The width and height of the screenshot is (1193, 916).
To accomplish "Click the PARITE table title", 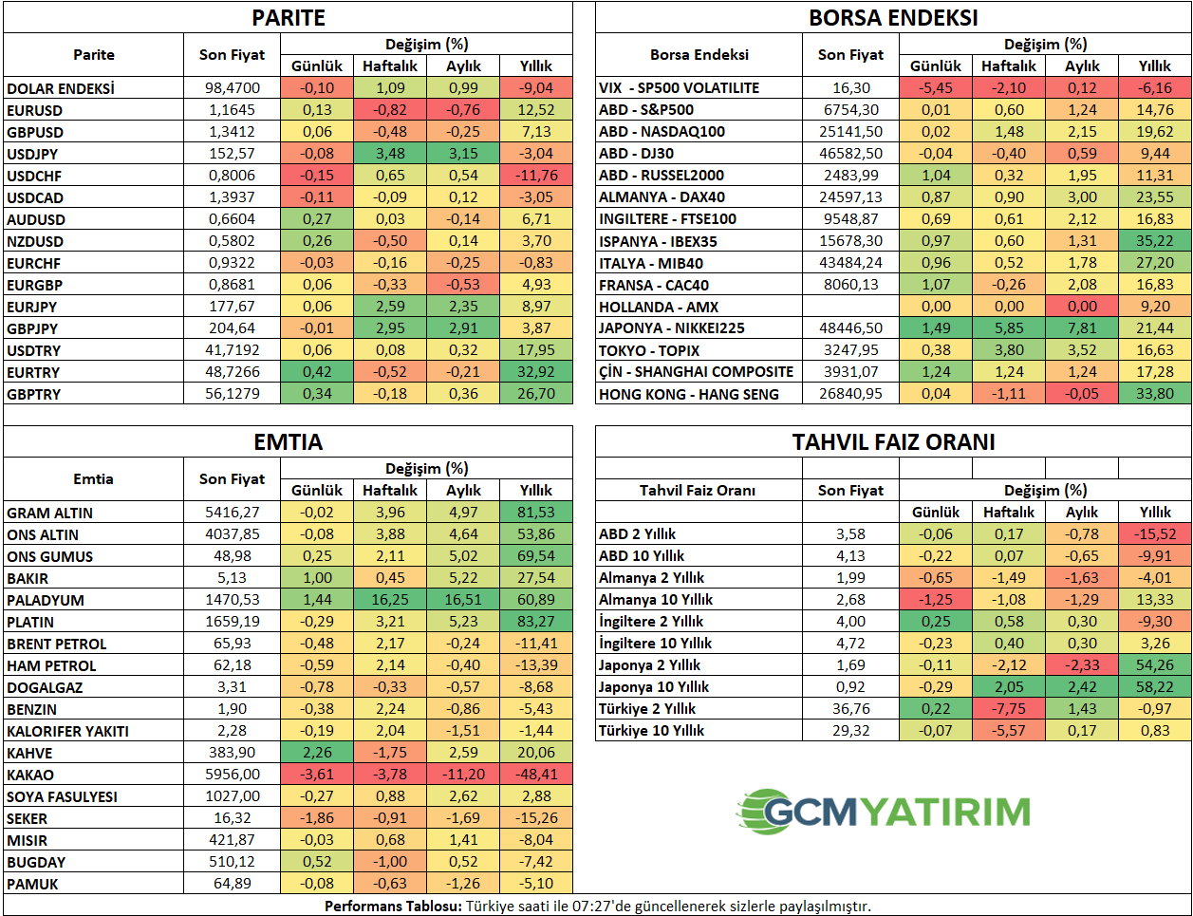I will tap(289, 17).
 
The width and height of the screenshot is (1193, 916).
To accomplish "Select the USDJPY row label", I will tap(32, 154).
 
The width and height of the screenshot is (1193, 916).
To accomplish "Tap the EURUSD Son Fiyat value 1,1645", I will tap(232, 110).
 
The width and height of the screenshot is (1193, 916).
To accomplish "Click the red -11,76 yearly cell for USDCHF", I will tap(535, 176).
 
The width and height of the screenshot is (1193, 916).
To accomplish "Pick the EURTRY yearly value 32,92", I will tap(535, 372).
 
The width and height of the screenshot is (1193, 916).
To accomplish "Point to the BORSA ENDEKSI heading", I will tap(892, 17).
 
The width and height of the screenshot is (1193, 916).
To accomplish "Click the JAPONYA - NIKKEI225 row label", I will tap(671, 328).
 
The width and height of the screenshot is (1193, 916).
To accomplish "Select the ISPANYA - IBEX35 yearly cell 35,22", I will tap(1154, 241).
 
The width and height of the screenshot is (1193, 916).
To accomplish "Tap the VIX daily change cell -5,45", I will tap(935, 88).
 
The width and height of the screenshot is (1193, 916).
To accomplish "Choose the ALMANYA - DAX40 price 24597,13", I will tap(850, 197).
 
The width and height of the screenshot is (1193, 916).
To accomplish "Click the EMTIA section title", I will tap(289, 441).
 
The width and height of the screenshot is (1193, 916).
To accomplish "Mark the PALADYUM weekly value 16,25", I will tap(390, 600).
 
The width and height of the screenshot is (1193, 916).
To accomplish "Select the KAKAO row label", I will tap(30, 775).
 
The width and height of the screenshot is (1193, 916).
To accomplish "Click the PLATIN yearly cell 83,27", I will tap(535, 622).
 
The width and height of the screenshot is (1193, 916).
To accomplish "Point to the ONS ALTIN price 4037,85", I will tap(232, 534).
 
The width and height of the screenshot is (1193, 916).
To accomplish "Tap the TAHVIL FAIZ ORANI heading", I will tap(893, 441).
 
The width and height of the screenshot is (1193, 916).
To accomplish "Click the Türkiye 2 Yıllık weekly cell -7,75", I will tap(1009, 709).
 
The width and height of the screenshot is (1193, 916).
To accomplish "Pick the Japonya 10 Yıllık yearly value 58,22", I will tap(1154, 687).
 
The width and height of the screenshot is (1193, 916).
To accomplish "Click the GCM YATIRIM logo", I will tap(884, 812).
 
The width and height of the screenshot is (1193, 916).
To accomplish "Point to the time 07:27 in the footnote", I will tap(591, 907).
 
